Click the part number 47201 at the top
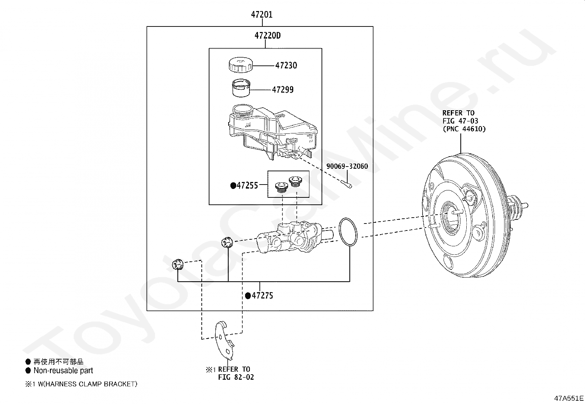(262, 14)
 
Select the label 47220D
(268, 36)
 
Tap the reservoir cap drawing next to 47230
(241, 65)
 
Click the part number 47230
(286, 65)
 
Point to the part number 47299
(283, 90)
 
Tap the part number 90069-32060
(347, 166)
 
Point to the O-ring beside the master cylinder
(348, 232)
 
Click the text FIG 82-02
(236, 377)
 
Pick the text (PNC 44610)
(464, 129)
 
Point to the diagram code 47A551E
(569, 398)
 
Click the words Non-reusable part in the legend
(63, 370)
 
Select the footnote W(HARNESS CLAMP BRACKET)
(87, 384)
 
